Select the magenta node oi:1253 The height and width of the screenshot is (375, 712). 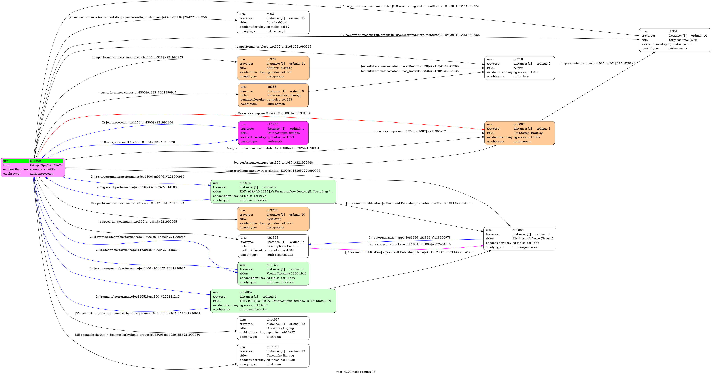click(x=273, y=133)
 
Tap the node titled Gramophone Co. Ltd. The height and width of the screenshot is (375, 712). click(x=273, y=246)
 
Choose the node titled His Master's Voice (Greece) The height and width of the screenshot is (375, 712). click(x=519, y=239)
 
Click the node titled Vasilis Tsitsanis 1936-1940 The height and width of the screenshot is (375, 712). click(x=273, y=273)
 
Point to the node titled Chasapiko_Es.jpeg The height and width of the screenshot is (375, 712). click(x=273, y=328)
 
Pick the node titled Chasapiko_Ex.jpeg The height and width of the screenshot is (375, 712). click(x=273, y=355)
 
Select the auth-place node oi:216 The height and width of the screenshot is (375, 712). click(x=519, y=68)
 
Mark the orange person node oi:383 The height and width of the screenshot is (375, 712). click(x=273, y=95)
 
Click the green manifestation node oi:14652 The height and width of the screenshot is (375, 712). click(x=273, y=301)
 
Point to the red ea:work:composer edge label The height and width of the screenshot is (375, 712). click(x=273, y=113)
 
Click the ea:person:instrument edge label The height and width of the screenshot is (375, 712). click(x=597, y=63)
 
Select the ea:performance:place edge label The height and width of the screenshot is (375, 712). click(x=273, y=47)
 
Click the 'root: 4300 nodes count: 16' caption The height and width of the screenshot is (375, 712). click(x=356, y=372)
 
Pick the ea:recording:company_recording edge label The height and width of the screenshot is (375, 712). click(x=273, y=171)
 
